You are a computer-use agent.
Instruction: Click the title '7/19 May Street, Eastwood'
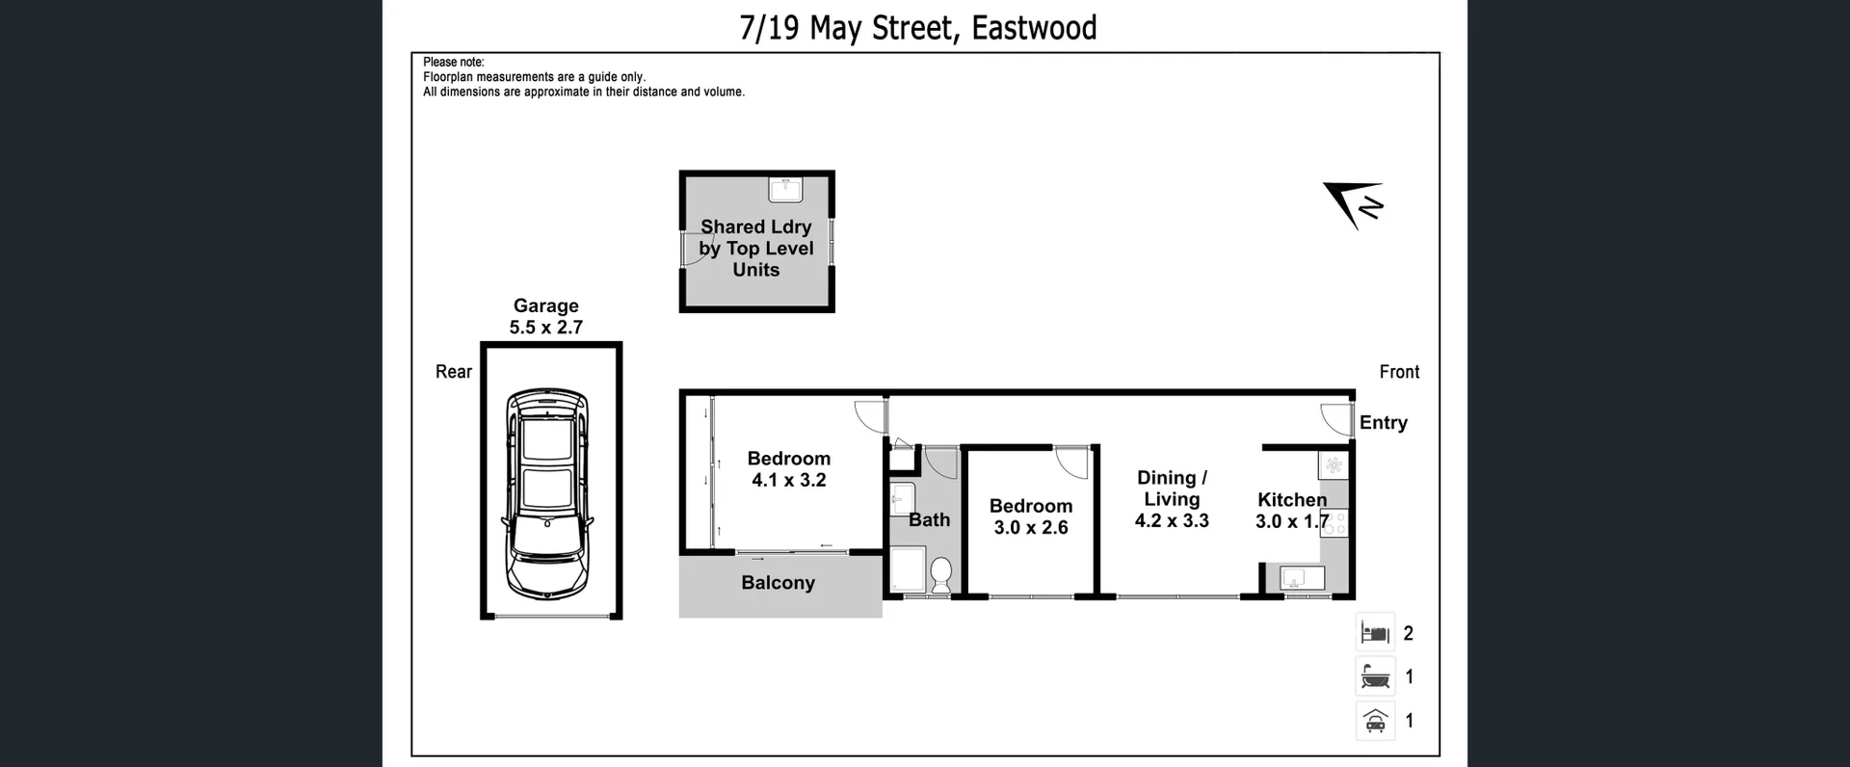(x=917, y=28)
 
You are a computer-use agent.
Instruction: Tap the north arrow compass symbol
(x=1354, y=204)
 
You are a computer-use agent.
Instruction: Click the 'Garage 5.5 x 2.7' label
(x=546, y=317)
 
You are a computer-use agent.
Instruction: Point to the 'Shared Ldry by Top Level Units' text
(x=756, y=249)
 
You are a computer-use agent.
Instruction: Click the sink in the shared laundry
(x=785, y=189)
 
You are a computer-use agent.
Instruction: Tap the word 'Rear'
(x=454, y=372)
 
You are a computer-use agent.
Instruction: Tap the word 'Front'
(x=1399, y=372)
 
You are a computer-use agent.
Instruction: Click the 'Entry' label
(x=1383, y=423)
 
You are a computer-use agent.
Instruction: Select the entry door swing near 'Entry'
(x=1336, y=418)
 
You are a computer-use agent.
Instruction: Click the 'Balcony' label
(x=778, y=583)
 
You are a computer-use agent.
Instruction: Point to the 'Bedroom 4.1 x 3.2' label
(x=789, y=469)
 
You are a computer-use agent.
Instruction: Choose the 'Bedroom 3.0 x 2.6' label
(x=1031, y=516)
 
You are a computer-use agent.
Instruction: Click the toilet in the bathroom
(x=941, y=576)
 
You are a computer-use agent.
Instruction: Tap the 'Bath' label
(x=930, y=520)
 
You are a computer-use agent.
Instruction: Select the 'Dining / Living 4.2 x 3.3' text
(x=1172, y=499)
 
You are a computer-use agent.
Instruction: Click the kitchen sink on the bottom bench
(x=1293, y=578)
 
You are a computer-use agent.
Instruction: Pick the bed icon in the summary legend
(x=1375, y=633)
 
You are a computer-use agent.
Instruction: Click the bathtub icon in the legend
(x=1375, y=676)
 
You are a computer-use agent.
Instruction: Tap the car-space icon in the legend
(x=1375, y=721)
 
